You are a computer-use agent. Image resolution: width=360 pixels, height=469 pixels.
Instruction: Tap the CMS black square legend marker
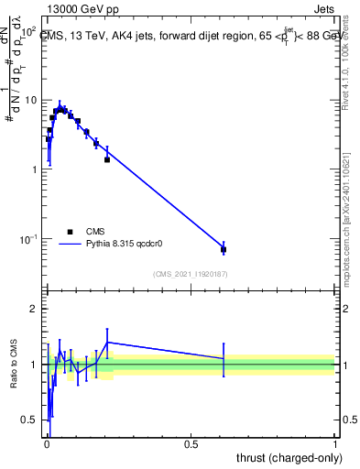(x=70, y=233)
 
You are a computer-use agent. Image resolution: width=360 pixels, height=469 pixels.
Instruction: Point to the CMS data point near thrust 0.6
(x=224, y=249)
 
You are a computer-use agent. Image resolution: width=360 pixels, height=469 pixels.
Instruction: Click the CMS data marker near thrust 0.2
(x=107, y=159)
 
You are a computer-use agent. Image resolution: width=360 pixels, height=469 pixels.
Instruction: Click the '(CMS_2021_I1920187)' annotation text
(x=191, y=274)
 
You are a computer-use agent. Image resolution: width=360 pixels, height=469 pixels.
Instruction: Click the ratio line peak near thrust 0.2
(x=108, y=342)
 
